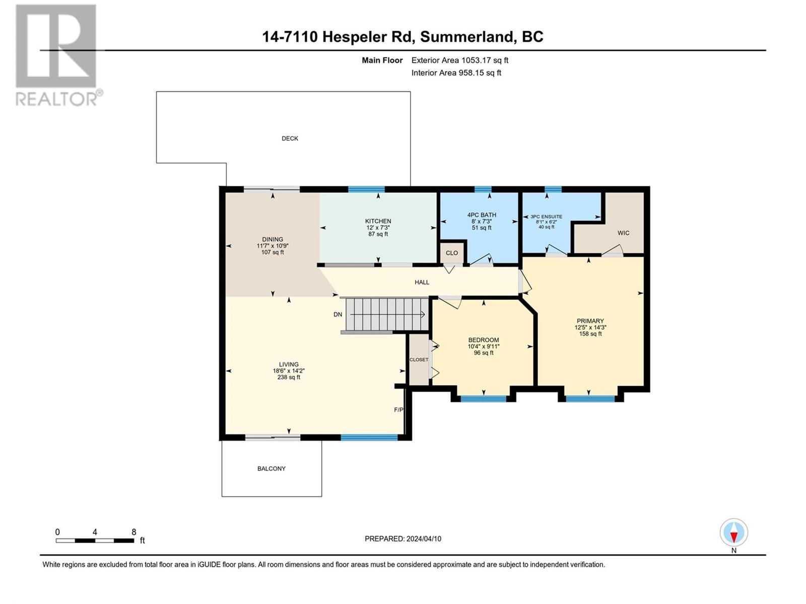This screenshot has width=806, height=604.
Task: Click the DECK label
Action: (290, 138)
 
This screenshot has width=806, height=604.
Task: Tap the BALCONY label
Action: (272, 468)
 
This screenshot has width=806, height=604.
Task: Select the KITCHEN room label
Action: (378, 221)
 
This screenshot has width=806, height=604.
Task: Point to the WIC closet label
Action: (623, 233)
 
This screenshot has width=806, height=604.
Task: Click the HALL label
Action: (422, 282)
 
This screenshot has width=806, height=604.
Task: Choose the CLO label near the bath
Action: (452, 253)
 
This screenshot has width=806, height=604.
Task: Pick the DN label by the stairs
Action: (338, 314)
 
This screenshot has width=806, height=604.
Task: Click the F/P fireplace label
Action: (398, 410)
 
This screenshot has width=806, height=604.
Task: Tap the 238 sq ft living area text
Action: (289, 377)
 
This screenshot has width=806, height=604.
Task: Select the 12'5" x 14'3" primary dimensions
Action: (590, 328)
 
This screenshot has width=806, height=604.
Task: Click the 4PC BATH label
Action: (482, 215)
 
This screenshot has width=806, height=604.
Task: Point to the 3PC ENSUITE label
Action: (546, 217)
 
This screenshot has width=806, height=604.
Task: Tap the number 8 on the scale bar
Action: (133, 532)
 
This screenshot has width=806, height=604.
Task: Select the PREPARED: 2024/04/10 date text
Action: (403, 539)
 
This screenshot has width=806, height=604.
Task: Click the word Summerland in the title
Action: (466, 37)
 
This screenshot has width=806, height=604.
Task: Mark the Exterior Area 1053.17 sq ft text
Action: (460, 60)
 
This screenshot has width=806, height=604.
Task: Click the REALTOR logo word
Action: (56, 99)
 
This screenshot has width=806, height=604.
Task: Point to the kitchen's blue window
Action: (366, 189)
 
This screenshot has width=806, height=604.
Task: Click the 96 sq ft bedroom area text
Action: (483, 353)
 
